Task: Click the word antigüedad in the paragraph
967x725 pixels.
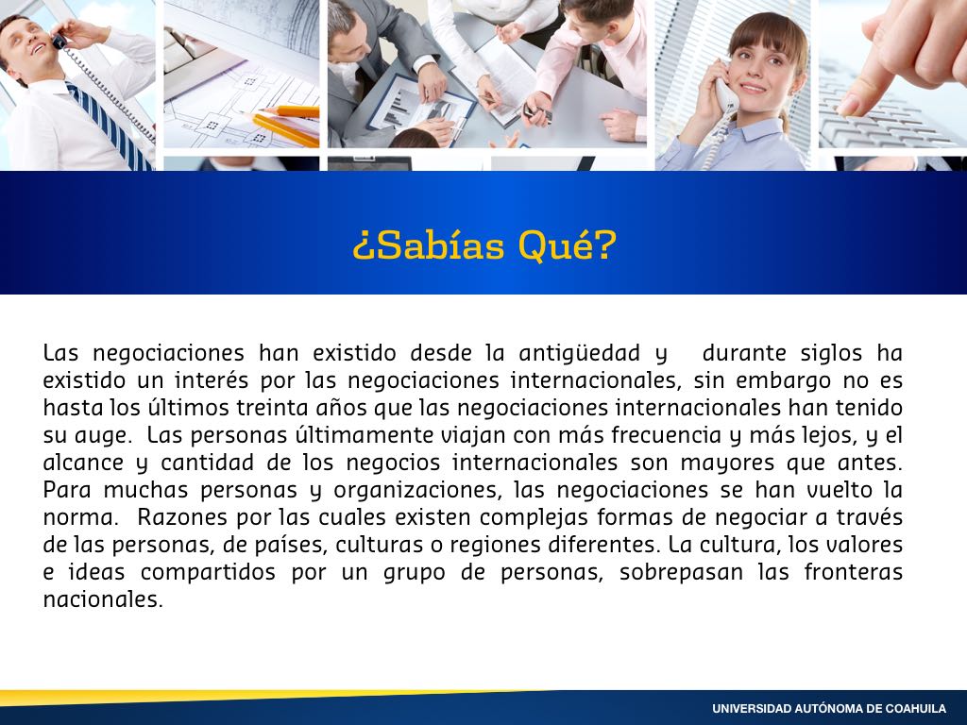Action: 579,353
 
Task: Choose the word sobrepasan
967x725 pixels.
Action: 682,572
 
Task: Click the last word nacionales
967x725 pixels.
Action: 103,599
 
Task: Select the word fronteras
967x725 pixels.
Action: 854,572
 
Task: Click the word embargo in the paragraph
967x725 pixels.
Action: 783,380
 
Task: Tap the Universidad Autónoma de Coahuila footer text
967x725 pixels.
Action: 829,708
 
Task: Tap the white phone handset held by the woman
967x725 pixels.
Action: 726,93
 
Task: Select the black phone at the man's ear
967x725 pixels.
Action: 59,42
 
